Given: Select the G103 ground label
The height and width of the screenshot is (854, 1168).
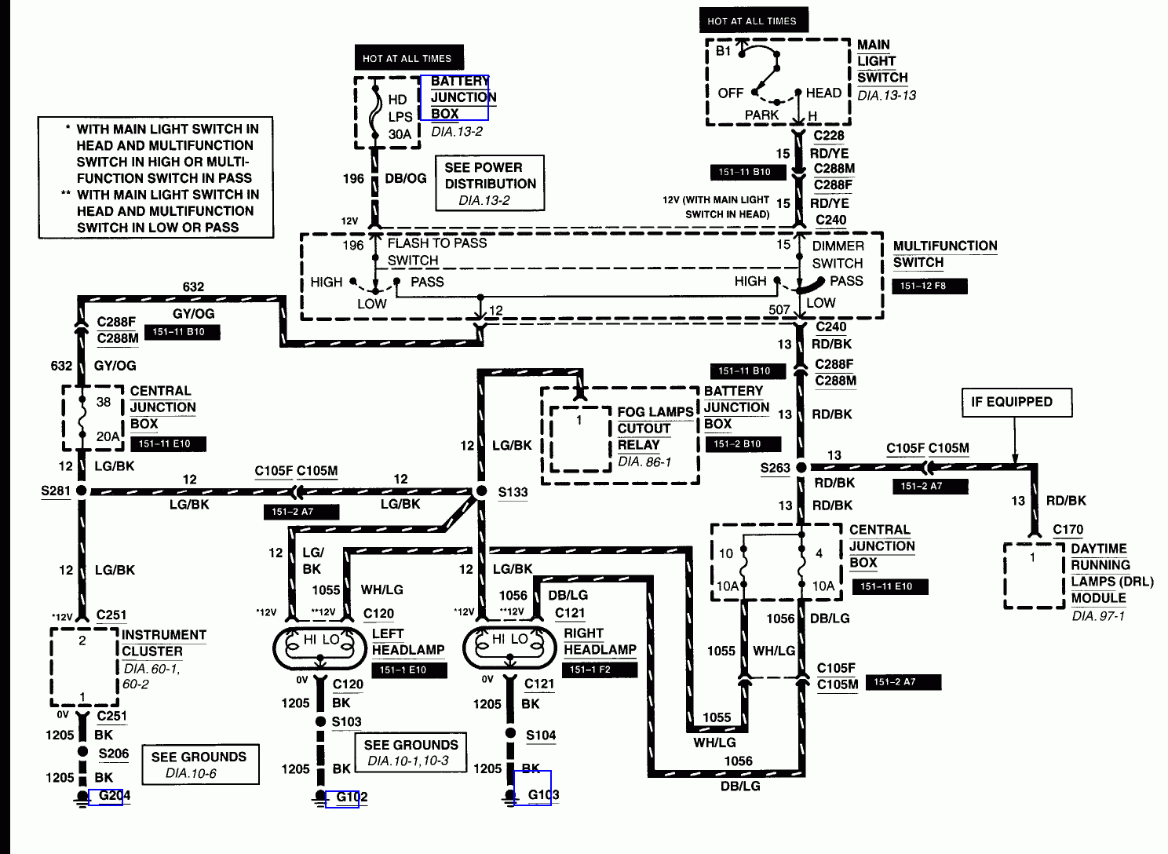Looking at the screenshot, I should (542, 794).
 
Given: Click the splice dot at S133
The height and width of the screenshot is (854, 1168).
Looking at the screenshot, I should (481, 491).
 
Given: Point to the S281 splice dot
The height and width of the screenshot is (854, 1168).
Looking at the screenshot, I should (82, 491).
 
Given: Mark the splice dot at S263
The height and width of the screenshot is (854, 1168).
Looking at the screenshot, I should (801, 468).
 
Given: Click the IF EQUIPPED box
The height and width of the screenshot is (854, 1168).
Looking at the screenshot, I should (1016, 402).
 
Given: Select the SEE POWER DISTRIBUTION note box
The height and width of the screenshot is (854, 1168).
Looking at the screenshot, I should (490, 184).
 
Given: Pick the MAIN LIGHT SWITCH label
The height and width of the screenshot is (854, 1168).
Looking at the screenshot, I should (882, 61).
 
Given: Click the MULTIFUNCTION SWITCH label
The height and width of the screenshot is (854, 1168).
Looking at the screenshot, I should (944, 254).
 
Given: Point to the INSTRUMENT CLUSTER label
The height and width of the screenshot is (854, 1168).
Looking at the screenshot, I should (163, 643).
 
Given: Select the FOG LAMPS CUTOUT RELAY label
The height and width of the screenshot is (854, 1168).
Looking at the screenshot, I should (654, 429).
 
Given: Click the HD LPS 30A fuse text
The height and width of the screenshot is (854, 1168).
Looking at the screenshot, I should (399, 117).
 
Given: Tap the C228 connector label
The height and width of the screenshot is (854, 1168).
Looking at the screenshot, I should (828, 135).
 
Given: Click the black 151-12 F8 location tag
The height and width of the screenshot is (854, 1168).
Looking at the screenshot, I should (929, 286).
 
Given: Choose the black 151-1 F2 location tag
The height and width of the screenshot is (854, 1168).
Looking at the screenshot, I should (600, 670).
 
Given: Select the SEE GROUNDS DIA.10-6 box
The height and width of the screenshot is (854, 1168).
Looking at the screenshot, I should (200, 765).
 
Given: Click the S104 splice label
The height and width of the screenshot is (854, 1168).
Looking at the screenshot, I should (540, 735).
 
